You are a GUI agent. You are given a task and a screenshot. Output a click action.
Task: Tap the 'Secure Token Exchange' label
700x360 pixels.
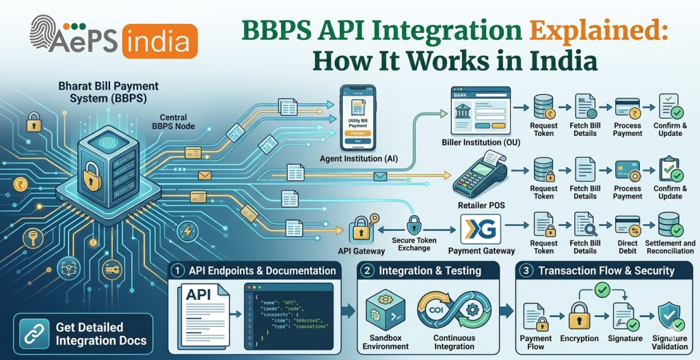click(415, 244)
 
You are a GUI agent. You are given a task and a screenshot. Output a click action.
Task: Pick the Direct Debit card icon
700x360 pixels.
click(627, 225)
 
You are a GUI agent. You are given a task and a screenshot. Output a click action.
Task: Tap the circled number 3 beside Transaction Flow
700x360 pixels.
click(526, 271)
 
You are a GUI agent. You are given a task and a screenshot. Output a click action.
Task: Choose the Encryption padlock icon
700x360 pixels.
click(580, 318)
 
